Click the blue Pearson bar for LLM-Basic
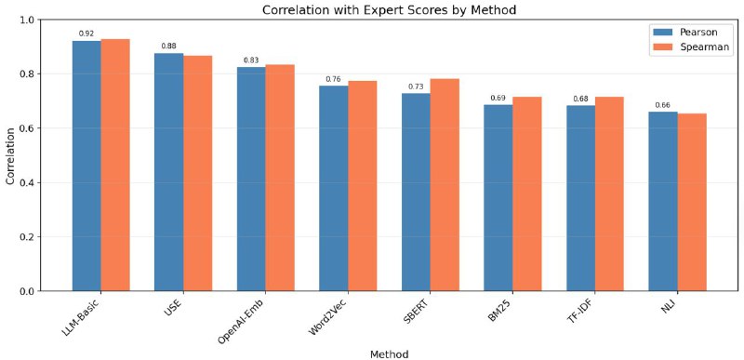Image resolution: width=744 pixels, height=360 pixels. click(x=86, y=166)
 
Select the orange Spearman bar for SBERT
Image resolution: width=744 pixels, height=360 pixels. click(x=445, y=184)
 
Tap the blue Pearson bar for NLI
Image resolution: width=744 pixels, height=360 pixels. click(x=663, y=201)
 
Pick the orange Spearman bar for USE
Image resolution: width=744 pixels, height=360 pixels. click(x=198, y=173)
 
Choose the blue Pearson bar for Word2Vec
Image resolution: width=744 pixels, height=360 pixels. click(x=334, y=188)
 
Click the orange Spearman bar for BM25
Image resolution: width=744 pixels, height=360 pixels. click(x=527, y=193)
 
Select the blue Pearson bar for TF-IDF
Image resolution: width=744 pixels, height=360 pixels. click(x=580, y=198)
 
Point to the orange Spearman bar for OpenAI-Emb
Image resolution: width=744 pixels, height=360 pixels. click(x=280, y=178)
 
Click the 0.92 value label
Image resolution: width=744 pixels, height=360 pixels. click(x=86, y=33)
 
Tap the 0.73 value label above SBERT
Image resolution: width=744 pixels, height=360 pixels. click(x=416, y=87)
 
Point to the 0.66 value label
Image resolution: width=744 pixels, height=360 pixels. click(x=662, y=105)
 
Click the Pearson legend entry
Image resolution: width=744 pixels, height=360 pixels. click(x=685, y=33)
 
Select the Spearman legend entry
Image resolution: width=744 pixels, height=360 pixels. click(x=690, y=47)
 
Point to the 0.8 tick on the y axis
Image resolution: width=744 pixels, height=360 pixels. click(x=29, y=74)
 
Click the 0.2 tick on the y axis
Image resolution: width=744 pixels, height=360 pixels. click(x=29, y=236)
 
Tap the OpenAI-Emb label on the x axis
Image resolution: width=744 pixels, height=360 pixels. click(x=241, y=315)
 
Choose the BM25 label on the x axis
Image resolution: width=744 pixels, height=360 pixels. click(x=499, y=306)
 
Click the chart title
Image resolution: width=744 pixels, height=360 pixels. click(x=389, y=10)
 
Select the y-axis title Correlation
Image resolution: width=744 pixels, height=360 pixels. click(x=10, y=155)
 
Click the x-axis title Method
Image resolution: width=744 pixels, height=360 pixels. click(x=389, y=353)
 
